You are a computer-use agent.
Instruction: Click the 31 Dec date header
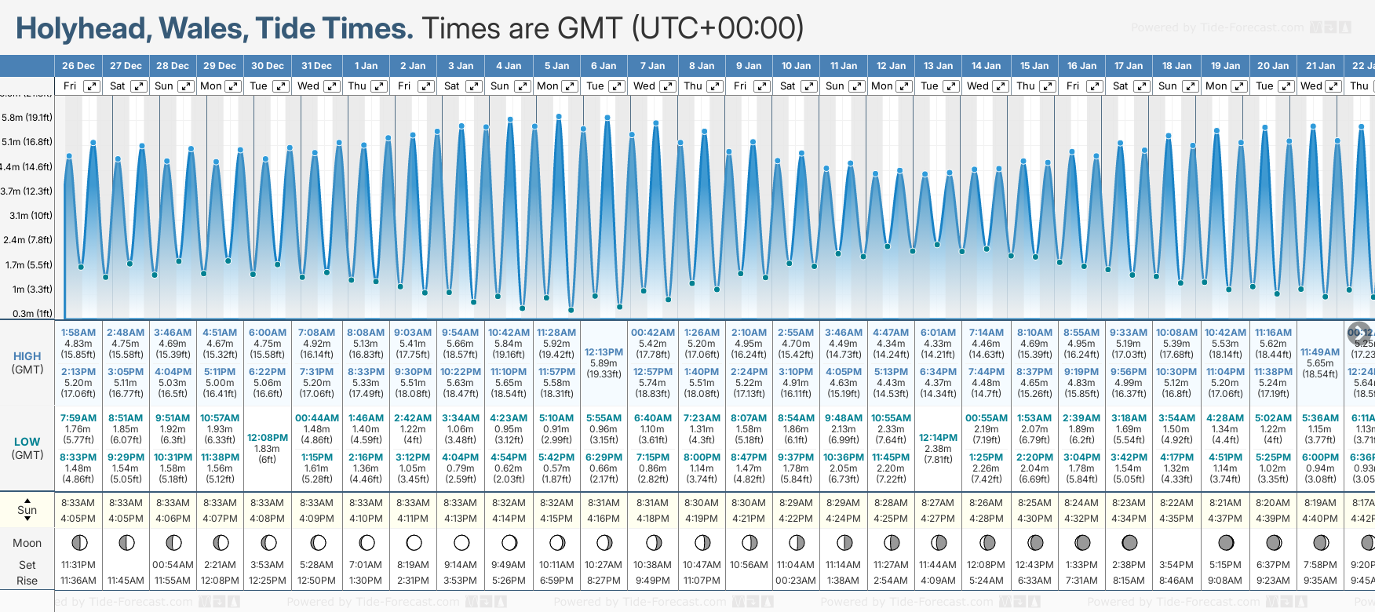pos(316,66)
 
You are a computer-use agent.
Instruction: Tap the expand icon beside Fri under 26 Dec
pos(92,86)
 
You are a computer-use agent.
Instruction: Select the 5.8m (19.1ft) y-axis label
pos(27,118)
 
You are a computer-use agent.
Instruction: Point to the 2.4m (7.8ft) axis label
pos(28,240)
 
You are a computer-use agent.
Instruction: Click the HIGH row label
pos(27,356)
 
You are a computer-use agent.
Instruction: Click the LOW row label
pos(27,442)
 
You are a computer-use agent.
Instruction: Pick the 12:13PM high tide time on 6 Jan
pos(604,352)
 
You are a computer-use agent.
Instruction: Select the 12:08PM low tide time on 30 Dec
pos(268,438)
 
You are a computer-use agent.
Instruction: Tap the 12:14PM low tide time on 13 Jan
pos(938,438)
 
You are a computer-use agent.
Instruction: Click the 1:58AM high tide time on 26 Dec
pos(78,333)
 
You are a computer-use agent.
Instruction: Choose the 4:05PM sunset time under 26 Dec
pos(78,519)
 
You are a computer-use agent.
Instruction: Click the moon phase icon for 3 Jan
pos(461,543)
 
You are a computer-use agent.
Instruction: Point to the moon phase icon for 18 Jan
pos(1177,543)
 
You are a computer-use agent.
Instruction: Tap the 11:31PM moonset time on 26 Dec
pos(78,565)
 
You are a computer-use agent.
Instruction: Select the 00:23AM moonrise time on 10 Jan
pos(796,581)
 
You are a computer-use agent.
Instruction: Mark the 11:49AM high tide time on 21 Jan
pos(1320,352)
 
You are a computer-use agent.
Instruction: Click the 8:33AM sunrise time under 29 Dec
pos(220,503)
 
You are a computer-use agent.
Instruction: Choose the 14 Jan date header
pos(986,66)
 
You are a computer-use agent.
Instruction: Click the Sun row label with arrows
pos(27,510)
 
